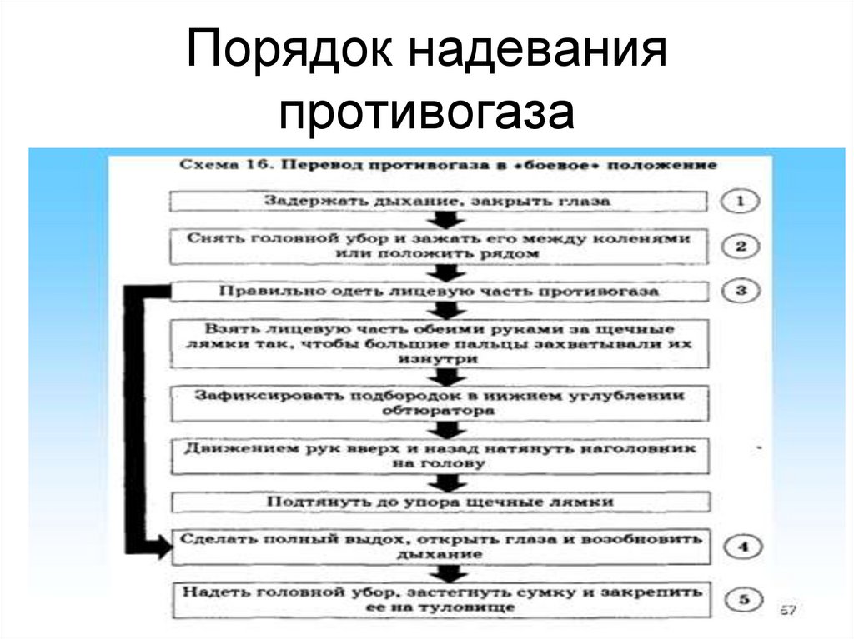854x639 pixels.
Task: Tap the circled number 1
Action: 741,201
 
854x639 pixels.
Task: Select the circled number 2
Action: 741,247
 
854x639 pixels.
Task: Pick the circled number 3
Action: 741,292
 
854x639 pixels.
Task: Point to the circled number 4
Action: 741,547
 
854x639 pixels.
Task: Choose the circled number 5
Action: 741,599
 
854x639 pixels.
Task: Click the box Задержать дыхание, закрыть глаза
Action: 440,202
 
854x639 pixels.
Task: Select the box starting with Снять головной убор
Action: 440,247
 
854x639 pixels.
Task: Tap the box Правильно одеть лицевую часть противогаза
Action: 440,292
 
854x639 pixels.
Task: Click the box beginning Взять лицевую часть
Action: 440,343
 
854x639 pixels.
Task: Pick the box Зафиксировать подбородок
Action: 440,402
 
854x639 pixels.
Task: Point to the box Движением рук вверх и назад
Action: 440,455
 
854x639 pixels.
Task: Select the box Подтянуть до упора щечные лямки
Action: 440,502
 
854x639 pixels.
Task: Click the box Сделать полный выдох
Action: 440,547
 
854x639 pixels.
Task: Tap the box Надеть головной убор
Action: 440,599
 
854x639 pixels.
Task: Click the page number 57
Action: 787,612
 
